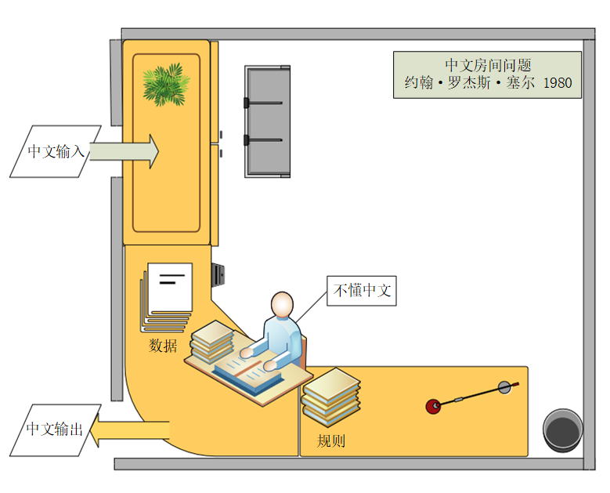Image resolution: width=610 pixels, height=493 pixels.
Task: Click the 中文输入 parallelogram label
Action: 56,150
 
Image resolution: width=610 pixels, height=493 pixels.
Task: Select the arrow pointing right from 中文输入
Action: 125,150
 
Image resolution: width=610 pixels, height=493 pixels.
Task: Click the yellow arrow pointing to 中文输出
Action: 129,430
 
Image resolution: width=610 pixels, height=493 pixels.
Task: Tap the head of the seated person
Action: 282,305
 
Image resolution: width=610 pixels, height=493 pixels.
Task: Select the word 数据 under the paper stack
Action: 163,346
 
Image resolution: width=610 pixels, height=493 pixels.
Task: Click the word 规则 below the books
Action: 330,440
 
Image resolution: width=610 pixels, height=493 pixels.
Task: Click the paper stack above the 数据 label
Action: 167,296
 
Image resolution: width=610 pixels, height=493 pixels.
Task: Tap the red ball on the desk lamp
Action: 432,406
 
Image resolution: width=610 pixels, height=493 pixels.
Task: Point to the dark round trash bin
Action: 563,432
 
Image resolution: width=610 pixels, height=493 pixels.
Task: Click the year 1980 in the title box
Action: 557,83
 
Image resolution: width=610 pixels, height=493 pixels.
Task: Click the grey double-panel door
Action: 267,121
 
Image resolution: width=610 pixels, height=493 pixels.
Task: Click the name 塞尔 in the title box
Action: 520,83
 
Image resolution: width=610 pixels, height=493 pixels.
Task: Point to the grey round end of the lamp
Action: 505,386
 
